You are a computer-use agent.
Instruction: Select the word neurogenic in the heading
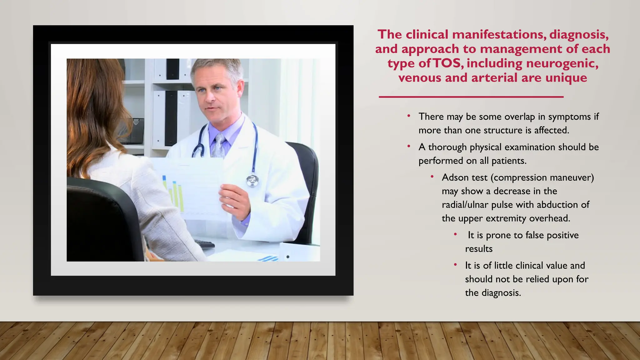[x=562, y=63]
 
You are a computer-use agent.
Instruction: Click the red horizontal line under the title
[x=471, y=97]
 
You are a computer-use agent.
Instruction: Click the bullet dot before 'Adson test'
[x=432, y=177]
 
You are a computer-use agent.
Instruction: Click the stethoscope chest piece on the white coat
[x=252, y=180]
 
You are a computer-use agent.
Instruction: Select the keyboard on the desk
[x=204, y=243]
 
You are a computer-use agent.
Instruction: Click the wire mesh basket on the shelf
[x=133, y=131]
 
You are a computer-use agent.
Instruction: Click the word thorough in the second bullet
[x=447, y=147]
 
